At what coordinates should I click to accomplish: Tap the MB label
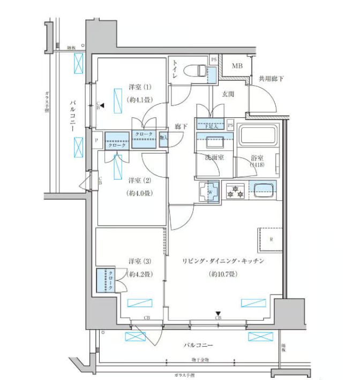(x=236, y=66)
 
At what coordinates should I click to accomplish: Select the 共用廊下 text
(x=271, y=79)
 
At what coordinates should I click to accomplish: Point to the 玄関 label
(x=228, y=94)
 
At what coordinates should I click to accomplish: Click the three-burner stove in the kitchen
(x=235, y=191)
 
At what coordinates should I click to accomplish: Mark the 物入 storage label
(x=163, y=138)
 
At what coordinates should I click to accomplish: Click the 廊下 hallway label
(x=181, y=127)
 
